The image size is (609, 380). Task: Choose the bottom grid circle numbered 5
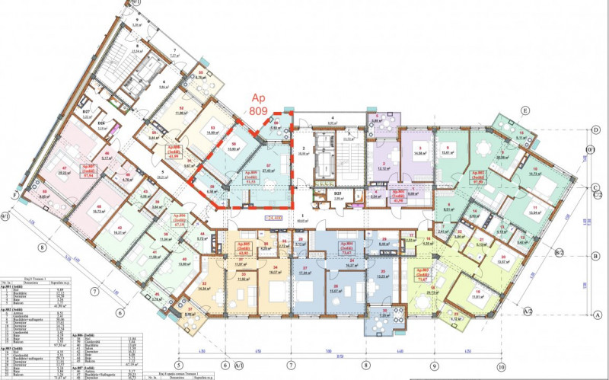coord(178,354)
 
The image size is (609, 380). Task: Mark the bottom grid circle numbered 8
coord(365,354)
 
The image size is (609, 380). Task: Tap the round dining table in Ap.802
coord(481,150)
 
